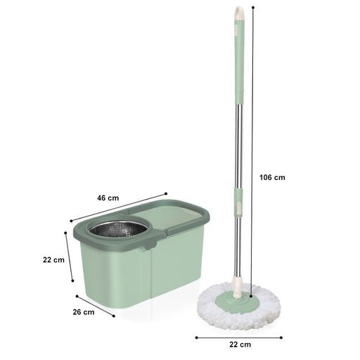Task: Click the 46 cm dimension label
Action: (108, 198)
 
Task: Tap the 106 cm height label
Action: (272, 177)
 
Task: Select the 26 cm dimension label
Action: (84, 312)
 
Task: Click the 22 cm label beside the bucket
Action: (53, 260)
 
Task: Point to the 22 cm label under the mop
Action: (240, 345)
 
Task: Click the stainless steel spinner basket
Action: (120, 229)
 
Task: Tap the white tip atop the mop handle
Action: (240, 13)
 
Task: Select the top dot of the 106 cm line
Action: (253, 8)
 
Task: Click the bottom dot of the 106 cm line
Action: (251, 296)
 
